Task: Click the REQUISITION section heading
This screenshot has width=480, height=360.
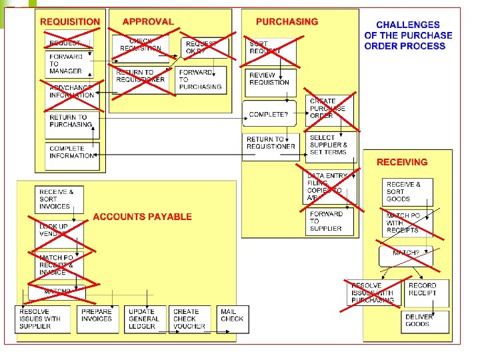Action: pyautogui.click(x=69, y=21)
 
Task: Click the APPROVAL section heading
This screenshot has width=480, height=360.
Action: pyautogui.click(x=147, y=21)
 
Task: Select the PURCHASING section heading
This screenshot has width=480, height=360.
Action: pyautogui.click(x=287, y=21)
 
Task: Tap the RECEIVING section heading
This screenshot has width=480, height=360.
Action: pyautogui.click(x=402, y=162)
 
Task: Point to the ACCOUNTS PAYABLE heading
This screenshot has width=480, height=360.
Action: pyautogui.click(x=142, y=217)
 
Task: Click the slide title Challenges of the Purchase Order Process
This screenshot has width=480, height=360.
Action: pyautogui.click(x=408, y=35)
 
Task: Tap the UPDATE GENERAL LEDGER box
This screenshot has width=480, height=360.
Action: pyautogui.click(x=145, y=319)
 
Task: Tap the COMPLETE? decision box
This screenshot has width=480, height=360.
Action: pyautogui.click(x=269, y=115)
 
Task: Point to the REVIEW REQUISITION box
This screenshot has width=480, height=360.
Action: pyautogui.click(x=270, y=79)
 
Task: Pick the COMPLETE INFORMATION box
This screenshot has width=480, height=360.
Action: pyautogui.click(x=73, y=152)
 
